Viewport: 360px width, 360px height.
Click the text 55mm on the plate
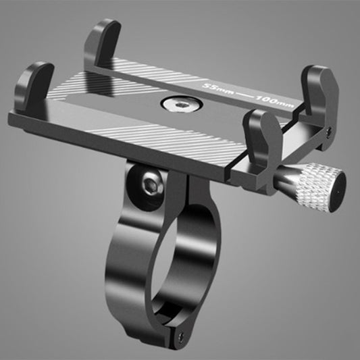pos(222,88)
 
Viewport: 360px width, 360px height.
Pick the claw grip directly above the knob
pos(259,134)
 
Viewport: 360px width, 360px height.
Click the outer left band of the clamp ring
pos(118,270)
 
